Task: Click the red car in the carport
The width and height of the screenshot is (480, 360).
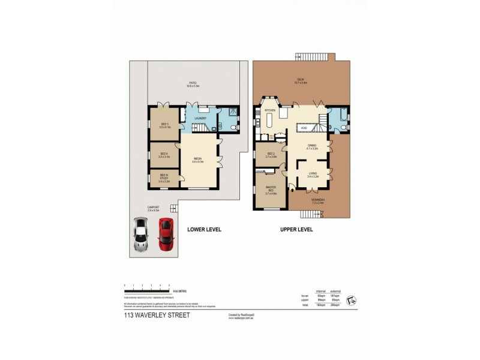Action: point(165,235)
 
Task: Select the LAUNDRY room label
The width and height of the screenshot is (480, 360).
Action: point(200,118)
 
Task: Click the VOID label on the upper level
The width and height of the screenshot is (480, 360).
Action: point(304,127)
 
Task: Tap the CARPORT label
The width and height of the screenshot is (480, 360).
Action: point(153,208)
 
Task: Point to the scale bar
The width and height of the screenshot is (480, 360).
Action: point(147,291)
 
